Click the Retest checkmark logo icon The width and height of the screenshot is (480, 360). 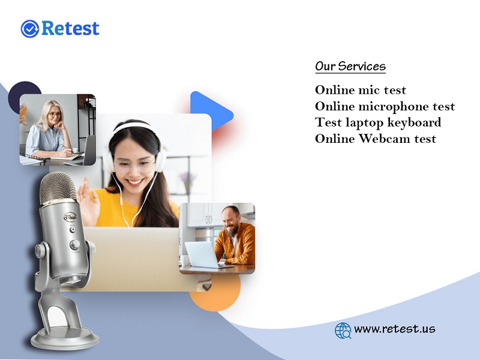[29, 29]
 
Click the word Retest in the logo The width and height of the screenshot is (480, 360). [70, 28]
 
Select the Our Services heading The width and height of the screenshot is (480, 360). [350, 67]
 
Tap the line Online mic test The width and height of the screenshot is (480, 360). [361, 90]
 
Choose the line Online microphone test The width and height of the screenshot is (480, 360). [385, 106]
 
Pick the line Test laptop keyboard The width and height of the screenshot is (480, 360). [378, 122]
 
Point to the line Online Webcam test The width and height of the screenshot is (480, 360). [376, 139]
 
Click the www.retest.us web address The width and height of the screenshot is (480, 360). [395, 329]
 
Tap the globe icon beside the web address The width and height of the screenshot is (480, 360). [343, 331]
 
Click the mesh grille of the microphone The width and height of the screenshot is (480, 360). [58, 188]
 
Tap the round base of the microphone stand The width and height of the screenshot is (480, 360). [65, 338]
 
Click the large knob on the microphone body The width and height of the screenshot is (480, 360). [74, 245]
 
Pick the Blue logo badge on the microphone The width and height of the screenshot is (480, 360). [70, 217]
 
